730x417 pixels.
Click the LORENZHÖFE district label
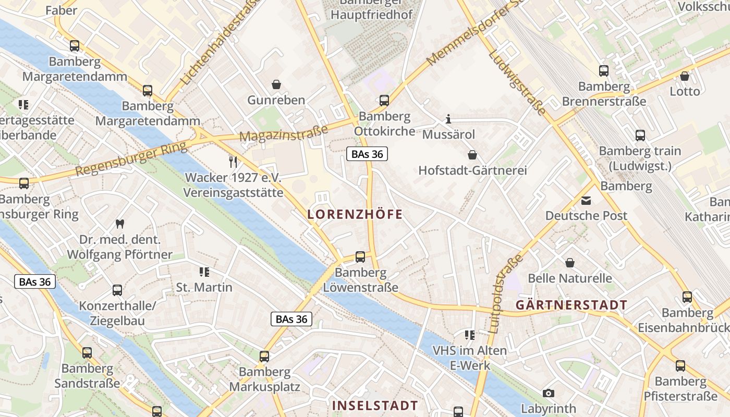[x=355, y=214]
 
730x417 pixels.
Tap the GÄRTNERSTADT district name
[x=571, y=305]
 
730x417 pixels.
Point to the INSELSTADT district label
[x=375, y=406]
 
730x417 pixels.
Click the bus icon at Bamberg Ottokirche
[x=384, y=101]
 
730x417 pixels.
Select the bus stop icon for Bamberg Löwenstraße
[x=360, y=256]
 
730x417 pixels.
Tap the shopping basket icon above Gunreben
[x=276, y=84]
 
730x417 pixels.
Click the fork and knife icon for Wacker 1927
[x=233, y=162]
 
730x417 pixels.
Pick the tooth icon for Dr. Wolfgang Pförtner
[x=119, y=224]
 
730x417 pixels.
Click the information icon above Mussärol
[x=448, y=119]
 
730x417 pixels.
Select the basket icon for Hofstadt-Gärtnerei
[x=472, y=155]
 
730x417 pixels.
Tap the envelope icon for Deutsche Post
[x=586, y=200]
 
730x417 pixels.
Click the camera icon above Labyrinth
[x=548, y=393]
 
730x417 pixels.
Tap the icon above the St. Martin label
[x=204, y=272]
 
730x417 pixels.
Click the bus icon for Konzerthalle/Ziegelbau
[x=117, y=290]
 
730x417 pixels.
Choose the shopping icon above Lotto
[x=685, y=76]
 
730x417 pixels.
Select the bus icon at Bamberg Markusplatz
[x=264, y=357]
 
